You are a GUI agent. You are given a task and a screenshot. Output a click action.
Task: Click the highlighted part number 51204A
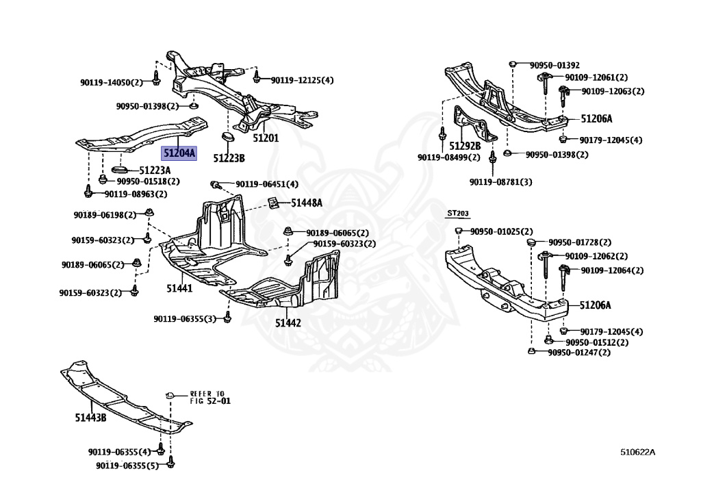(178, 154)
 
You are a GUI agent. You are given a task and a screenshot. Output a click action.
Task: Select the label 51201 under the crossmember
(266, 138)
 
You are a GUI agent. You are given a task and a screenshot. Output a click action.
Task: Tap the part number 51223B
(228, 158)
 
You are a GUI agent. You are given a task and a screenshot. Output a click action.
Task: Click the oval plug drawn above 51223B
(227, 140)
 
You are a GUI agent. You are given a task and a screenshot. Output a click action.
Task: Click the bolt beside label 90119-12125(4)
(257, 77)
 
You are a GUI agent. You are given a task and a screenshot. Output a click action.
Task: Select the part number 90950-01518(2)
(147, 181)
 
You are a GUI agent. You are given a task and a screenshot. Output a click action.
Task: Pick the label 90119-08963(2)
(136, 194)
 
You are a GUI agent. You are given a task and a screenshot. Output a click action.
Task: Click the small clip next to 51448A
(272, 203)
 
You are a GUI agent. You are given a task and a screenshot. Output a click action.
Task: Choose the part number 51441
(179, 289)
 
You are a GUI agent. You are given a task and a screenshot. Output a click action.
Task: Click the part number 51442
(288, 322)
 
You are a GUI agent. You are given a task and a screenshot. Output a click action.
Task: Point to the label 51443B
(91, 417)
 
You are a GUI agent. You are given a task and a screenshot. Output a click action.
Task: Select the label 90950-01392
(554, 65)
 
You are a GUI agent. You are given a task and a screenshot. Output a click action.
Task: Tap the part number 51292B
(465, 146)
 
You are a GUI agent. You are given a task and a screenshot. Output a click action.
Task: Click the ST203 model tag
(457, 214)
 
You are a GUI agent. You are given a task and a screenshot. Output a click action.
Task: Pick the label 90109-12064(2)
(612, 270)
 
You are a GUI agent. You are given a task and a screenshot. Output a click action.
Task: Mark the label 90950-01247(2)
(578, 353)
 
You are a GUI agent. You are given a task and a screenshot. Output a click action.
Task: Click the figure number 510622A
(638, 452)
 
